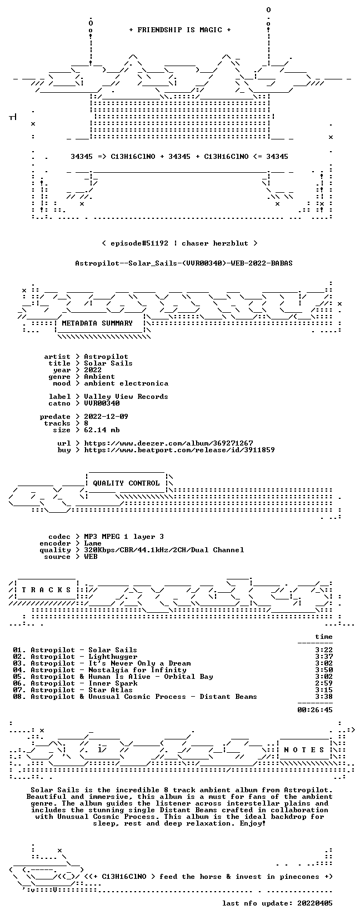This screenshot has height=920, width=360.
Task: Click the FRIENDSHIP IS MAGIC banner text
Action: click(180, 30)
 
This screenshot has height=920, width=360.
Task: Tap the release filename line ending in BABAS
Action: click(184, 263)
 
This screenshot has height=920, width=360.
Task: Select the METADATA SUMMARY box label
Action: click(97, 323)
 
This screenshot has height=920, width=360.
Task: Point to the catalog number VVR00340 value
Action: click(102, 403)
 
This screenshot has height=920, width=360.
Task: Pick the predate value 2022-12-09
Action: click(106, 417)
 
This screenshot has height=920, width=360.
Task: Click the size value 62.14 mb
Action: click(102, 430)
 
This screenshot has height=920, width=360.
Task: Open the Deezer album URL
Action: click(168, 443)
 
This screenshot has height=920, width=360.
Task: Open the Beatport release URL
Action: click(179, 450)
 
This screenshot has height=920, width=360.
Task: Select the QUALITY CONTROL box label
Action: click(126, 483)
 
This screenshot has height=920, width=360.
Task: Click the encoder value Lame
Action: click(93, 543)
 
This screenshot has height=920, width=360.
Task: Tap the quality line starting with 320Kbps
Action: click(164, 550)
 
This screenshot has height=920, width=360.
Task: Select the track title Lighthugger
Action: click(113, 657)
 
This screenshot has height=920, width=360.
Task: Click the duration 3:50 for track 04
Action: click(324, 670)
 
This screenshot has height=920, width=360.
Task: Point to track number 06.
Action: click(18, 683)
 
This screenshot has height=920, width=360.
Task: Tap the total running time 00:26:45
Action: click(315, 710)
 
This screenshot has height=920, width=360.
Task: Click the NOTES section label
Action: click(304, 750)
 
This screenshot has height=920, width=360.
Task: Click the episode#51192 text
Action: click(139, 243)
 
